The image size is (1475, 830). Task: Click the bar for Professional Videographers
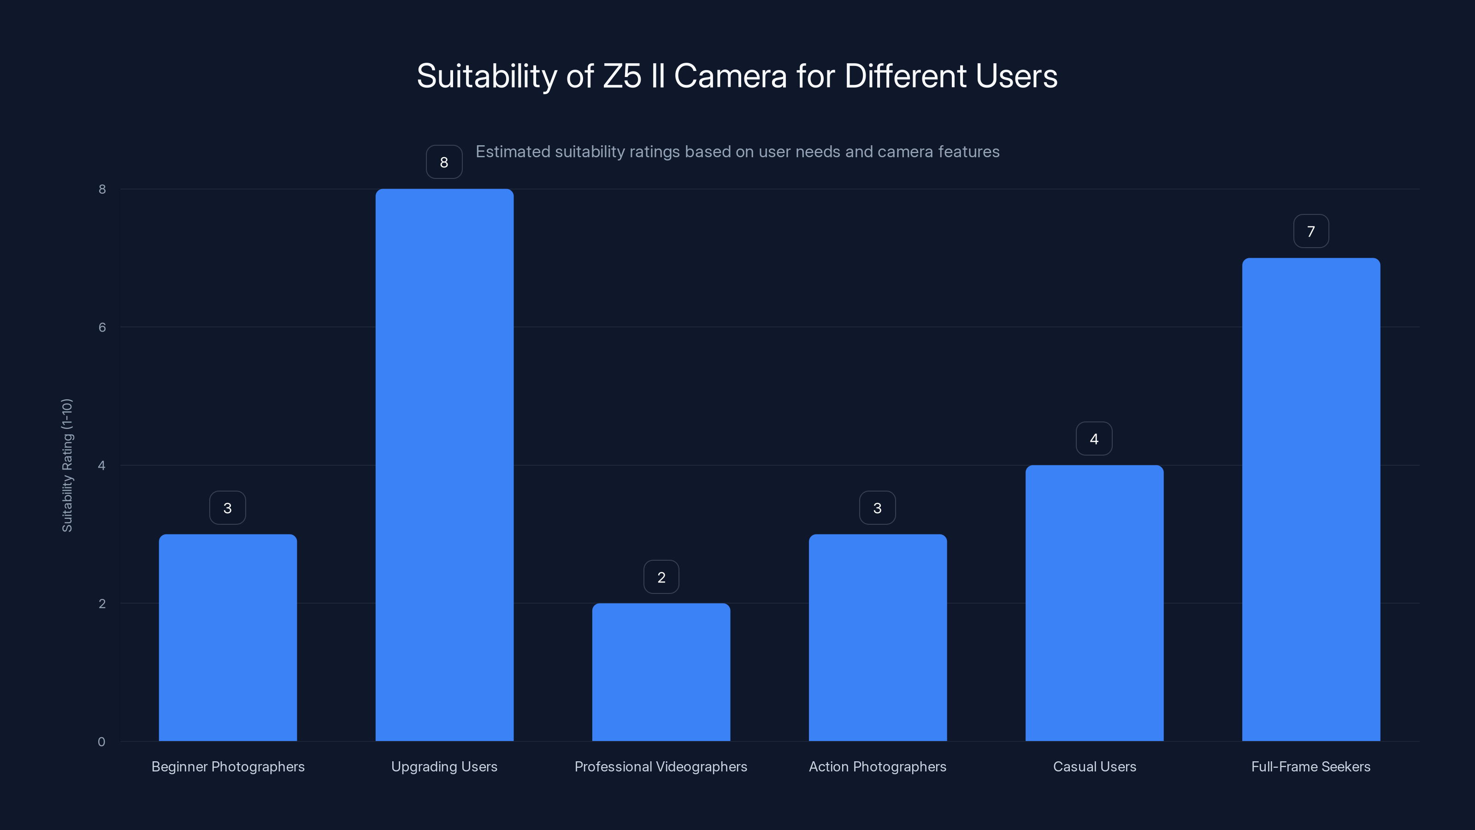coord(661,672)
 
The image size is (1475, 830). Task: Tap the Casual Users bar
coord(1094,603)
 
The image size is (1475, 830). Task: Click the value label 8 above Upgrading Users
coord(444,163)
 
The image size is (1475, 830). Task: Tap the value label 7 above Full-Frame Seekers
coord(1310,231)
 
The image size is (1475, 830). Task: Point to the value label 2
coord(661,577)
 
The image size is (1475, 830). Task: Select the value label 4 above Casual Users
coord(1094,439)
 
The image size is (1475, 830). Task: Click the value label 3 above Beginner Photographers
coord(227,508)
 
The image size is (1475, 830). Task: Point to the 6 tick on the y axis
coord(102,327)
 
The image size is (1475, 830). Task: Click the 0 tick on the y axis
coord(101,742)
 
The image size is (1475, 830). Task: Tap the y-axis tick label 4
coord(102,465)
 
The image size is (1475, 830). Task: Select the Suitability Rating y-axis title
coord(67,465)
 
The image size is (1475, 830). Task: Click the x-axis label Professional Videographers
coord(661,766)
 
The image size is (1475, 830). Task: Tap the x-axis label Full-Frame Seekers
coord(1310,766)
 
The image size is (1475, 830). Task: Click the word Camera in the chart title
coord(730,76)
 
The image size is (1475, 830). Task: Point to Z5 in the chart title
coord(622,76)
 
